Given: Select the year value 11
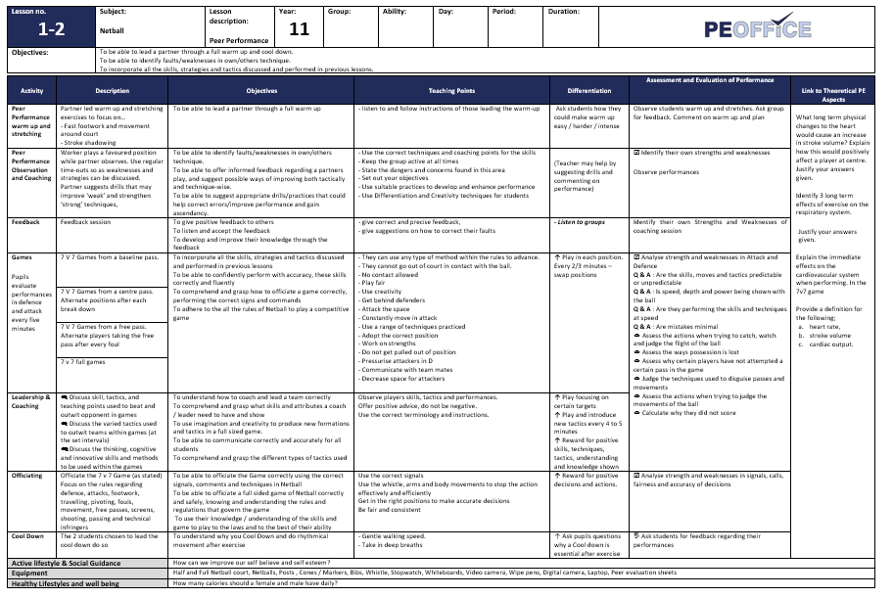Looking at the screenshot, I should (299, 29).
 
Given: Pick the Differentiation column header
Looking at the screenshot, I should (588, 91).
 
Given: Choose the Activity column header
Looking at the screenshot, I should (32, 91).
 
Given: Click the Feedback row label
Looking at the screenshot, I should (26, 222).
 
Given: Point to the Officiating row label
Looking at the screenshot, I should (27, 476).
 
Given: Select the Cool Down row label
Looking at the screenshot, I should (27, 536).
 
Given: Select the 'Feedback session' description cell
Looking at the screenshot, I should (87, 222).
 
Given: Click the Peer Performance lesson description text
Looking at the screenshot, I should (238, 40).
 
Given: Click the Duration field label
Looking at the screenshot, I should (565, 12).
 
